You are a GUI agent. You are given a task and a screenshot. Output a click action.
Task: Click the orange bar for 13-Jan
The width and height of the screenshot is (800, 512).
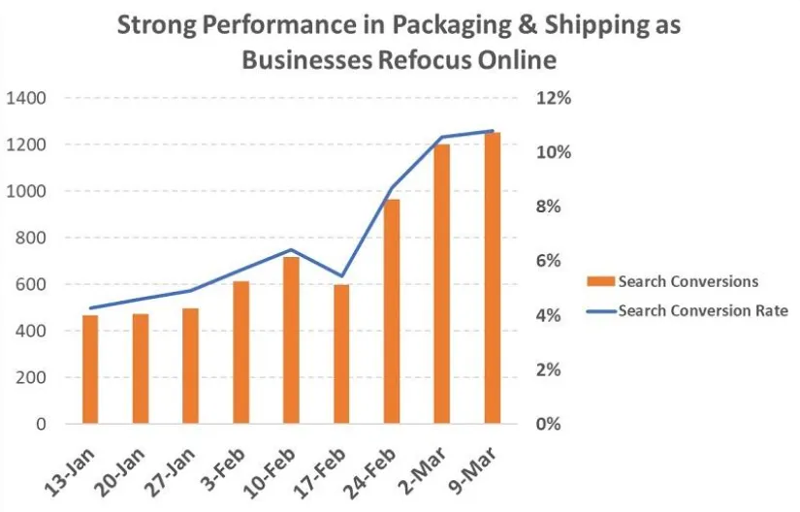tap(90, 369)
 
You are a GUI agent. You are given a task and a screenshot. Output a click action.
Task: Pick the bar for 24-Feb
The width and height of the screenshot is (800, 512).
tap(392, 311)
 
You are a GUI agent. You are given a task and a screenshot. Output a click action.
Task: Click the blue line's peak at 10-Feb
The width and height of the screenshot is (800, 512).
tap(291, 250)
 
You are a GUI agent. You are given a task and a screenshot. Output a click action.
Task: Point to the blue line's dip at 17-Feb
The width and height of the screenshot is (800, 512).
tap(341, 276)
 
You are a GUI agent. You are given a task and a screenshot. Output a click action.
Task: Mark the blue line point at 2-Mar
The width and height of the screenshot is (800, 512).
tap(442, 137)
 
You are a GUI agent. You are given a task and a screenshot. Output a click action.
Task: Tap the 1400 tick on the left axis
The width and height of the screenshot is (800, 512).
tap(27, 98)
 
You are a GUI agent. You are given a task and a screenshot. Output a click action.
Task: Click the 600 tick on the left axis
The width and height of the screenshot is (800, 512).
tap(32, 284)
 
